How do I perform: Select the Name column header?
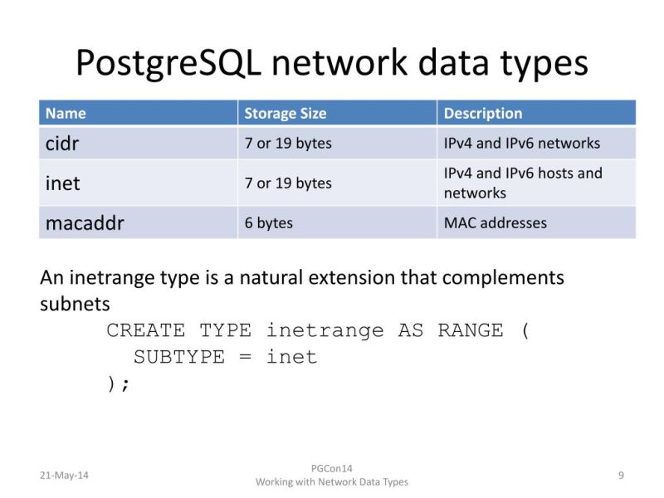click(x=66, y=113)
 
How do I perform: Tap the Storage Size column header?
click(x=285, y=113)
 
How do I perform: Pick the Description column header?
click(x=482, y=113)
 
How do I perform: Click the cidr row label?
click(x=62, y=143)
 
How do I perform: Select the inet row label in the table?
click(x=62, y=183)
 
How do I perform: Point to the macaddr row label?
click(x=84, y=223)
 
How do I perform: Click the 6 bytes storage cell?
click(x=268, y=223)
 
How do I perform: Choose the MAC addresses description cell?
click(x=496, y=223)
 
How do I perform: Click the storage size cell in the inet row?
click(x=288, y=183)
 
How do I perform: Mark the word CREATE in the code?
click(x=146, y=330)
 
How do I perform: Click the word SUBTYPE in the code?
click(x=179, y=357)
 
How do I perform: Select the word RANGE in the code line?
click(x=470, y=330)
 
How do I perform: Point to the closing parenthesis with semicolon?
click(x=119, y=383)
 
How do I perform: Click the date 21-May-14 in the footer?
click(x=64, y=475)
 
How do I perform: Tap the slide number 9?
click(x=621, y=475)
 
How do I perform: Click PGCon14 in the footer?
click(x=331, y=468)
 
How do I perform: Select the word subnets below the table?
click(x=75, y=303)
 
